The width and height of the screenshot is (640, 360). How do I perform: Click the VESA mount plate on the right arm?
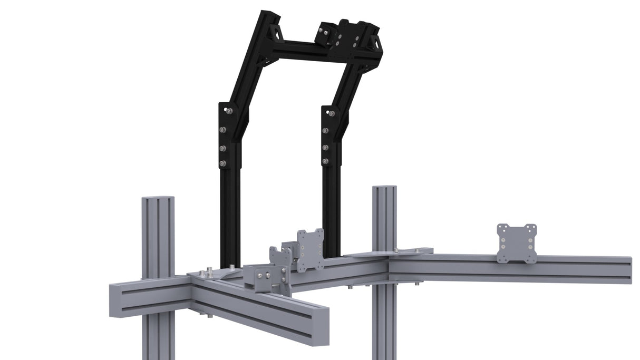tap(517, 243)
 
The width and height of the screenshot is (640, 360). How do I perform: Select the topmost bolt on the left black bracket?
tap(229, 111)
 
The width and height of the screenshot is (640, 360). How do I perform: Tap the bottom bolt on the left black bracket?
tap(223, 164)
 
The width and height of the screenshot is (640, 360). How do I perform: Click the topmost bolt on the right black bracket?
tap(331, 113)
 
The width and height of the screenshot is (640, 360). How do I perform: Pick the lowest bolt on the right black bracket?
tap(325, 161)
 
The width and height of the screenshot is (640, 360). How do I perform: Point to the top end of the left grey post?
tap(158, 198)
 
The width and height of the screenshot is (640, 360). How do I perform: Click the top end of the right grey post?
tap(384, 187)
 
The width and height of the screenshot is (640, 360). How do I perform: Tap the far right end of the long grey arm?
tap(631, 270)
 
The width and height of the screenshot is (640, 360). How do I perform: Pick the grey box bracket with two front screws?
tap(266, 279)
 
